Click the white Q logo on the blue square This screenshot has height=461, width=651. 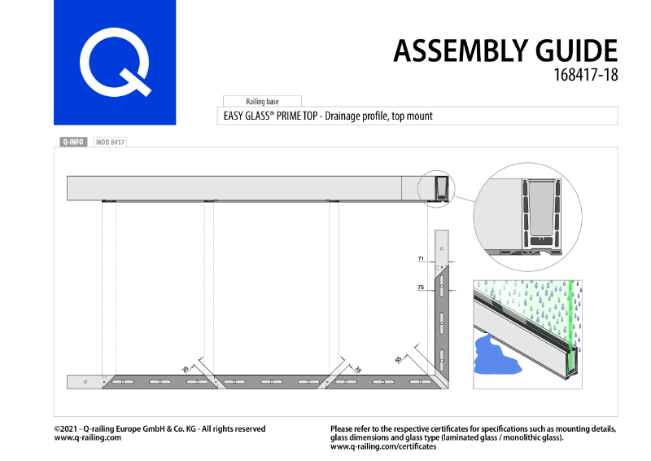pos(115,62)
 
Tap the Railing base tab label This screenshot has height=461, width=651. pos(262,101)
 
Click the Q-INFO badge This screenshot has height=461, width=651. pos(72,142)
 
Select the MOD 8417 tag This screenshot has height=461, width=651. pos(111,142)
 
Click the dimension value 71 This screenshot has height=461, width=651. pos(421,258)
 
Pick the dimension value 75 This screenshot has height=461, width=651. pos(421,288)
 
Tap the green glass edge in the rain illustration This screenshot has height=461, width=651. pos(574,326)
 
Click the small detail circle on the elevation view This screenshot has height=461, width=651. pos(438,188)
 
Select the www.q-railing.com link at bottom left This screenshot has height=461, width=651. pos(88,437)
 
